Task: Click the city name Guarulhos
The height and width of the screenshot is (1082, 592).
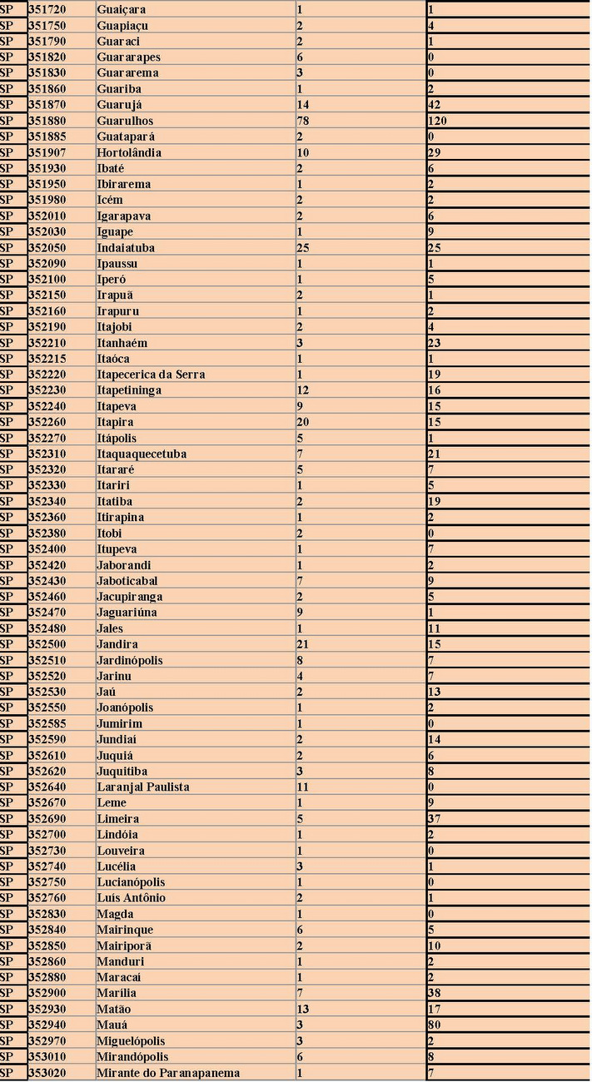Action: (125, 121)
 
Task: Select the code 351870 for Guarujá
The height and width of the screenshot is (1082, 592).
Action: (47, 105)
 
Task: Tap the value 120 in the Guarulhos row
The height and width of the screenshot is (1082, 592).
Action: (439, 121)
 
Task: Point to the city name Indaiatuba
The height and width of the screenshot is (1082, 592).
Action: (126, 248)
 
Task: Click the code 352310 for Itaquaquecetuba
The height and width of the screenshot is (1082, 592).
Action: (47, 454)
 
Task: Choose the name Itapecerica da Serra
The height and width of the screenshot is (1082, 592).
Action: (151, 375)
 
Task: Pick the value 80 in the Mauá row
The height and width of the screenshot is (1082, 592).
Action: (435, 1025)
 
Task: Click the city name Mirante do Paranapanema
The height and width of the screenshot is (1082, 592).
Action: (168, 1073)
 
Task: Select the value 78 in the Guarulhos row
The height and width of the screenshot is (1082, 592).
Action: (303, 121)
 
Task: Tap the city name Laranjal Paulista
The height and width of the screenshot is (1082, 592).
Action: (143, 787)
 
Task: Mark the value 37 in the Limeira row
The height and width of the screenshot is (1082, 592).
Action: (435, 819)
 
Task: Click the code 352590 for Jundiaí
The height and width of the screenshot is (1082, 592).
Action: (47, 740)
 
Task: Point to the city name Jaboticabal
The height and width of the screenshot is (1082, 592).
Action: (127, 581)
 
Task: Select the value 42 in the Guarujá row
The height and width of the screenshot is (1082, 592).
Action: (435, 105)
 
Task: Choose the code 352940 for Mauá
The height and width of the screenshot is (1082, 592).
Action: (47, 1025)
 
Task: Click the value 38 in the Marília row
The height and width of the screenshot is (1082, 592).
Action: (435, 993)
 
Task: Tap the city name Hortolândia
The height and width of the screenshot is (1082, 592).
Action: (129, 153)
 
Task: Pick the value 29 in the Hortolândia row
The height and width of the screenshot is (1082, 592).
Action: (435, 153)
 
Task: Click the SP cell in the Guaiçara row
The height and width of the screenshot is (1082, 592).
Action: (7, 10)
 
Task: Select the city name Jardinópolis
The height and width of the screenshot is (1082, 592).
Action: (130, 661)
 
